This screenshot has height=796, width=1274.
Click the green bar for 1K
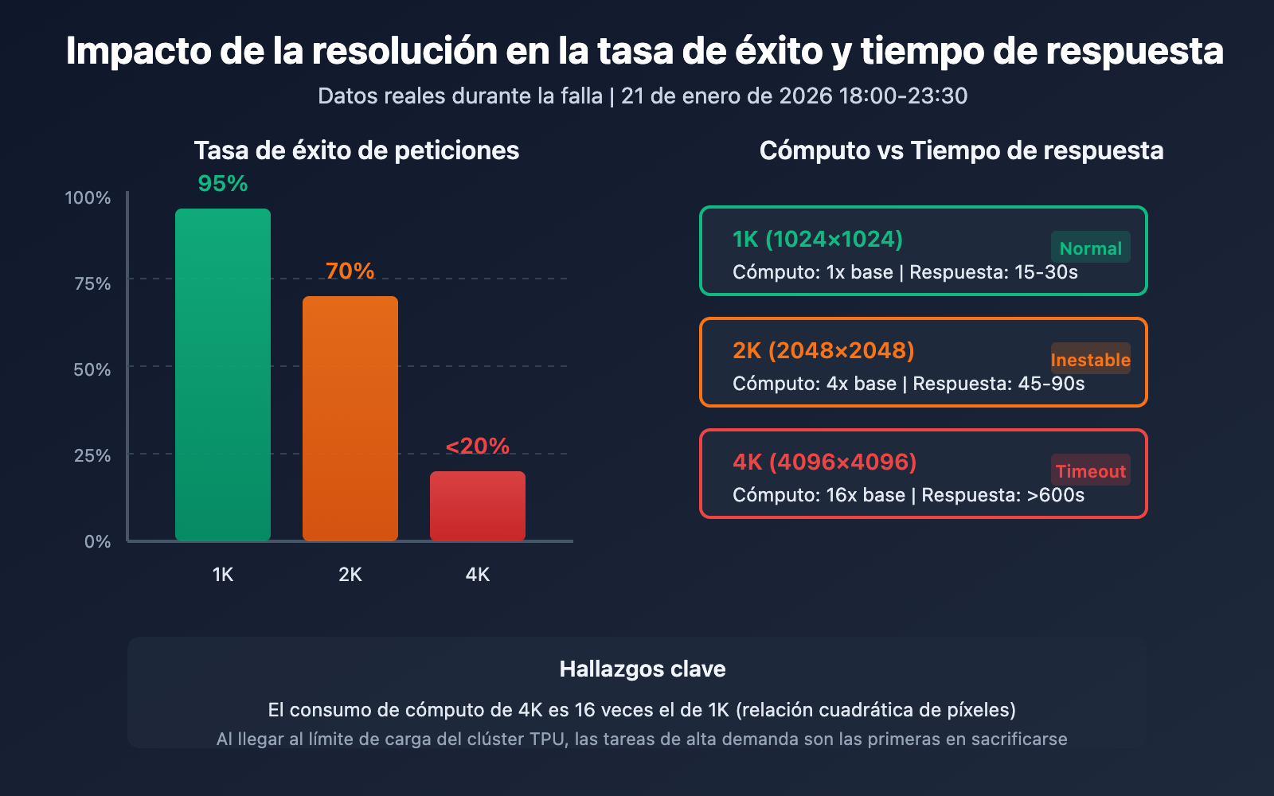[223, 374]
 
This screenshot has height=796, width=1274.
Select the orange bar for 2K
[350, 418]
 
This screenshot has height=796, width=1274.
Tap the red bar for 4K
[478, 505]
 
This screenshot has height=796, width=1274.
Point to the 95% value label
[223, 184]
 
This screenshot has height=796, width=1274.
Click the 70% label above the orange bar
[350, 271]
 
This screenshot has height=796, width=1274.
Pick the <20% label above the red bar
[478, 447]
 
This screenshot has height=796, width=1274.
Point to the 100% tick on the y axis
[88, 198]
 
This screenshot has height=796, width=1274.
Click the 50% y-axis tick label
[92, 370]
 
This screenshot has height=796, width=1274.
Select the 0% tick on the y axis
[97, 542]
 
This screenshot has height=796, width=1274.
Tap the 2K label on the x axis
[350, 575]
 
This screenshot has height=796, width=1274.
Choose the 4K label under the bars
[478, 575]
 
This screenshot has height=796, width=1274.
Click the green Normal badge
[1090, 248]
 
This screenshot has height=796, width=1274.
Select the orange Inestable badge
[1090, 360]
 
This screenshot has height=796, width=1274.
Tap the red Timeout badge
[1090, 471]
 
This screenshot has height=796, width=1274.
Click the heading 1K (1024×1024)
[818, 240]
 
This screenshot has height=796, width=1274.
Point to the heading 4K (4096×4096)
[825, 462]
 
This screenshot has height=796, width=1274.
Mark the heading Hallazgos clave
[643, 669]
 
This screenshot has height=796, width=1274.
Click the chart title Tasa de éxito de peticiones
[357, 150]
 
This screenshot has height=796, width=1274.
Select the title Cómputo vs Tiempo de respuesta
[961, 150]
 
